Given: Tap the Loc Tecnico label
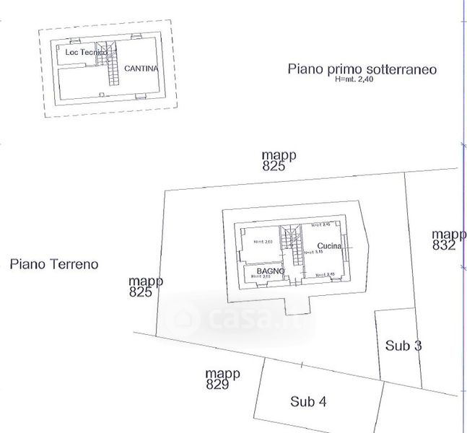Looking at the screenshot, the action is [x=86, y=53].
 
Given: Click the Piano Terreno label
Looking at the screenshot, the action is [x=54, y=264].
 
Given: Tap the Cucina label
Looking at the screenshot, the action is [x=328, y=245].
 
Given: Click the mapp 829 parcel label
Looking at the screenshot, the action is [x=222, y=379].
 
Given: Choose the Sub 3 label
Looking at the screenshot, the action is [x=403, y=346].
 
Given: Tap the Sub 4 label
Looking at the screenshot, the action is [x=307, y=401].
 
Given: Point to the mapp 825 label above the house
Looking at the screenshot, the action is [x=279, y=160].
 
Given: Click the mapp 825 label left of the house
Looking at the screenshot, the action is [x=145, y=287].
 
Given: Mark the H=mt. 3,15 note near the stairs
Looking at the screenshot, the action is [x=313, y=253].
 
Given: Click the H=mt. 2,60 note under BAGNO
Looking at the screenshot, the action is [x=261, y=276].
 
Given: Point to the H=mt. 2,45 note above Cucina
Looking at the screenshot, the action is [x=320, y=225].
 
